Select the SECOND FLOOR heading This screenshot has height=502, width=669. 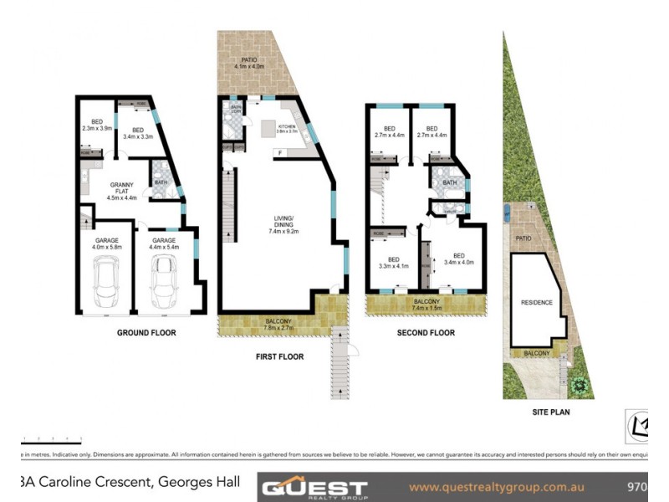click(426, 332)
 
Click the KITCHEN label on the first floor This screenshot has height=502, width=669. click(289, 128)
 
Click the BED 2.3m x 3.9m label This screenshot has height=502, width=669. click(96, 125)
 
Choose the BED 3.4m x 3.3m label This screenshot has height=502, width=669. click(138, 132)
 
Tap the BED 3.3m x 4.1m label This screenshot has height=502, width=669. click(393, 262)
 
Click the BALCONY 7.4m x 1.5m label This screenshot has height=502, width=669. click(426, 304)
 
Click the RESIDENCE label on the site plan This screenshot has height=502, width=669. click(536, 302)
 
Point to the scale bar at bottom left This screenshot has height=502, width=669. click(51, 440)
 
